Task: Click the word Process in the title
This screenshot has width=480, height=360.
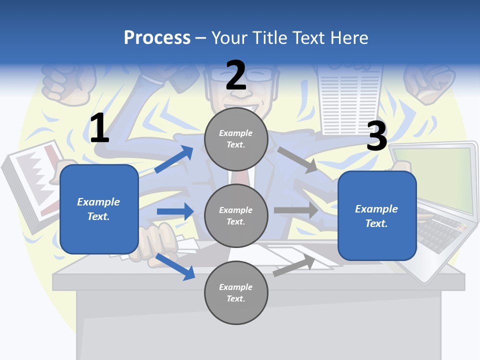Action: point(157,37)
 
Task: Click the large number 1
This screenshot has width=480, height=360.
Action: point(99,128)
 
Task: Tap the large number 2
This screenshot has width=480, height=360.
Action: point(236,75)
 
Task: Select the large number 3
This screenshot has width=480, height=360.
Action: point(377,136)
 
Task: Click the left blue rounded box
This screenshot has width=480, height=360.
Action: point(99,209)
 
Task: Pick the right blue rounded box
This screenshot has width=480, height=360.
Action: point(377,216)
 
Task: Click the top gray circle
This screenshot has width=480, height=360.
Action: point(236,139)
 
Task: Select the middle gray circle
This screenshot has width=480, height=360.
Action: point(236,215)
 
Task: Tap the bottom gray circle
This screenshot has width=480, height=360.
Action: point(236,292)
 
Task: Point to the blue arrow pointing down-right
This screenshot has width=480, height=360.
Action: point(175,266)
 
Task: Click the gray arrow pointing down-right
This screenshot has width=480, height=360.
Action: point(297,160)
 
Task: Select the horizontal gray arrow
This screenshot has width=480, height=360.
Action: point(296,210)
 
